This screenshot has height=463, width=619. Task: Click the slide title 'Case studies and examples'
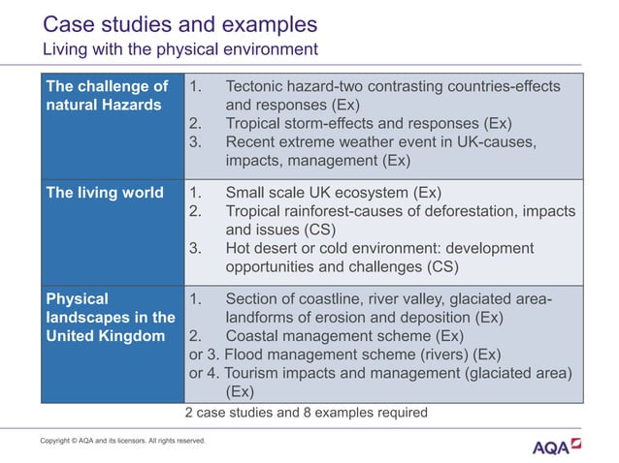(x=179, y=23)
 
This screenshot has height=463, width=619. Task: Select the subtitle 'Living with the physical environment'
(x=179, y=48)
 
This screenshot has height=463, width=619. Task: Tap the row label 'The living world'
(x=105, y=192)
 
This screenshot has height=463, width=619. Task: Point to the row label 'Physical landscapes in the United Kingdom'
(x=110, y=317)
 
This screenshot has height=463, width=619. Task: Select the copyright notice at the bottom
(x=122, y=441)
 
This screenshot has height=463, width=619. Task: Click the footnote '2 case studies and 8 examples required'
(x=306, y=412)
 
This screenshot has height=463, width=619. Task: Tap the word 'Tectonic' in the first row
(x=257, y=86)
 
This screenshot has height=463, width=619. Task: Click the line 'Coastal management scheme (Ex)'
(x=343, y=335)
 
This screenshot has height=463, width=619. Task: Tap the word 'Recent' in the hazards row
(x=251, y=142)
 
